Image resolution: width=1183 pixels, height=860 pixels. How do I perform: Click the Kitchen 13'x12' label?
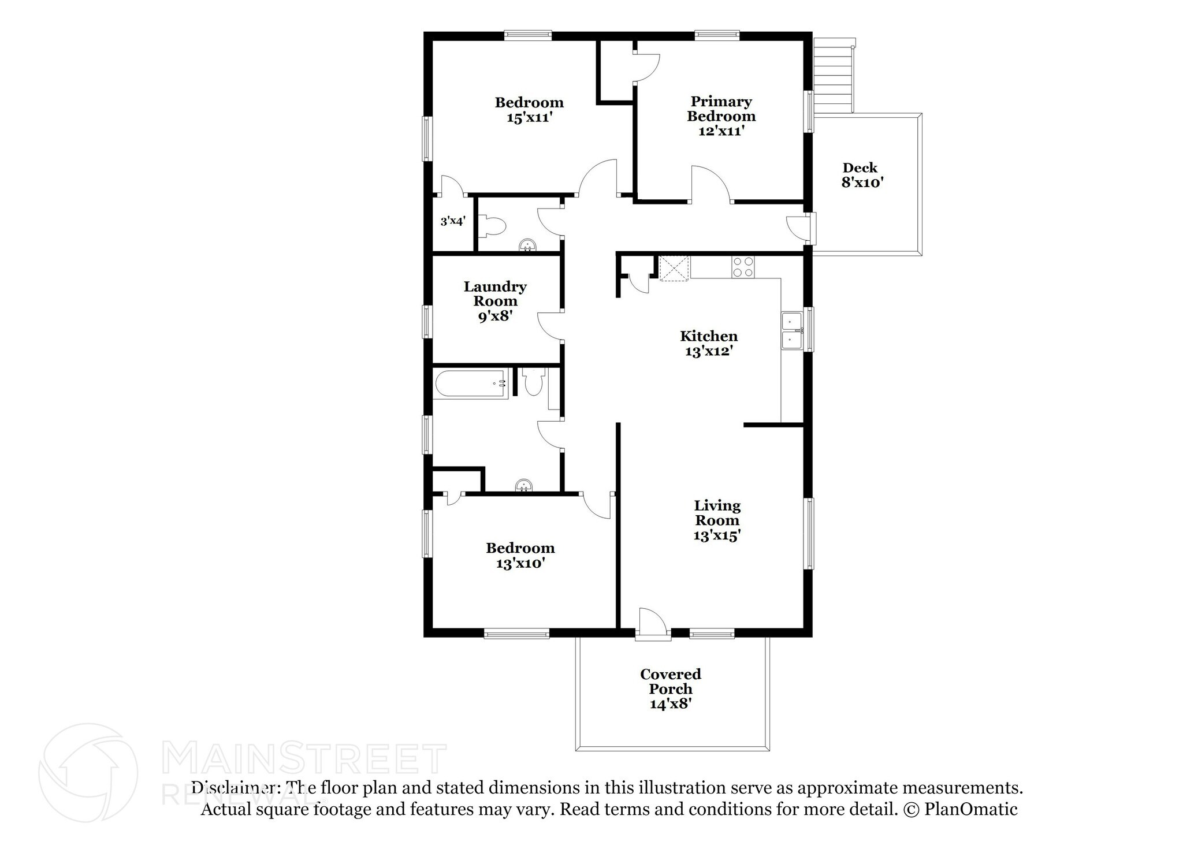709,344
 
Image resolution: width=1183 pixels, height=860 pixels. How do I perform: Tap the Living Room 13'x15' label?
717,520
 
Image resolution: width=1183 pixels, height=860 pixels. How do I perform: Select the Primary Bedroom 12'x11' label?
721,116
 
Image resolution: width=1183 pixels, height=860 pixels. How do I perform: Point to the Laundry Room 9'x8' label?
495,301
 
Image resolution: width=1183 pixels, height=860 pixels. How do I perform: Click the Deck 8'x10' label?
860,175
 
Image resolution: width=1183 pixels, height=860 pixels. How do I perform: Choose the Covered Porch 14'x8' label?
670,688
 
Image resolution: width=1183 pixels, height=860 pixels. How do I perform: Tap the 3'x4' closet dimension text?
453,221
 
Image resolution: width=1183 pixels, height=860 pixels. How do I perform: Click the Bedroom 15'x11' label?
529,110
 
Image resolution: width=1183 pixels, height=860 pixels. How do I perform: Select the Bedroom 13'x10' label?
520,555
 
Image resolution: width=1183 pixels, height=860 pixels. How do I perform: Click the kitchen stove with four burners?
743,267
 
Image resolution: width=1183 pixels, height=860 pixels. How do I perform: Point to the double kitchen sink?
791,331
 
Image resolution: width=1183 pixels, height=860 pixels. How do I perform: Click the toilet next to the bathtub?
533,382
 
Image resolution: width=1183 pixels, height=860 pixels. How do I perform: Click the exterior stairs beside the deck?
834,76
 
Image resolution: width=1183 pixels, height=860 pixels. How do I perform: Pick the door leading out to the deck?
801,229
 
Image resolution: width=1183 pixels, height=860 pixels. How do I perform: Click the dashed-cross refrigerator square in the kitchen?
674,269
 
